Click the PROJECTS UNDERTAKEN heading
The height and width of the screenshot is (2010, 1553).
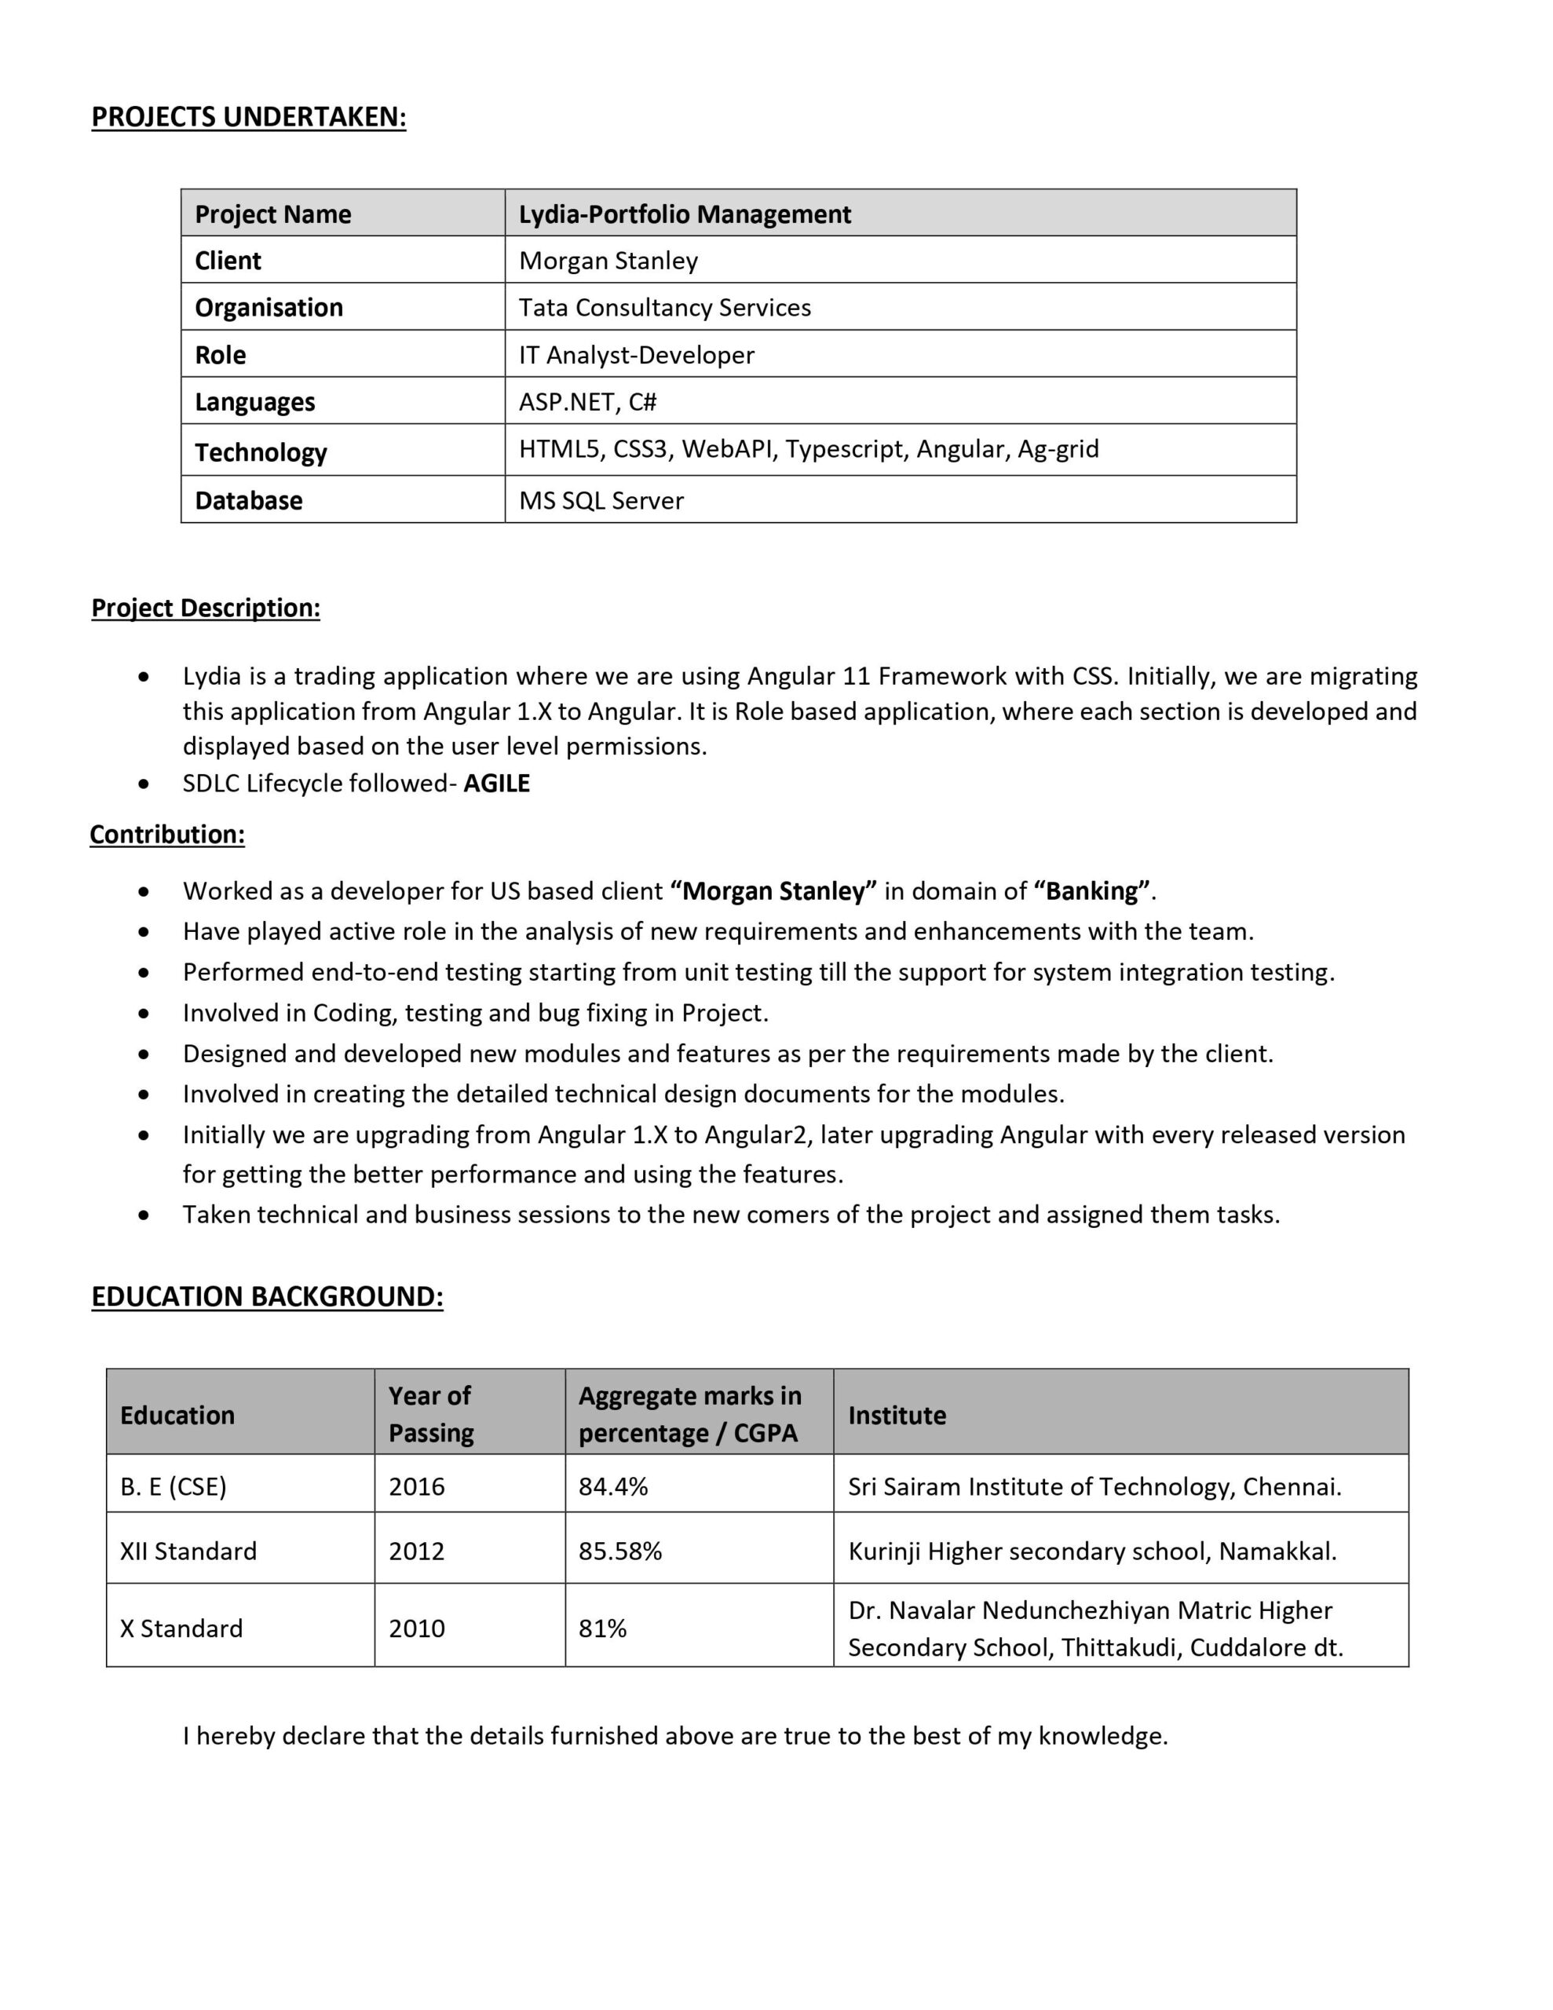249,117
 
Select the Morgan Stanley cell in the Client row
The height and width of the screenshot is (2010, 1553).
608,261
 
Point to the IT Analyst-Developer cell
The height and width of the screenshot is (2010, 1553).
636,355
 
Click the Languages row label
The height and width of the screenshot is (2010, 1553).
255,402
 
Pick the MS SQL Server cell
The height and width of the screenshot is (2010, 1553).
601,501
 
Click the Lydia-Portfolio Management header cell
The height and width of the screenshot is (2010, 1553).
684,214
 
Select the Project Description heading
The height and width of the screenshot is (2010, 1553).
205,608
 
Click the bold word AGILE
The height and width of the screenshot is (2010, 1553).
496,784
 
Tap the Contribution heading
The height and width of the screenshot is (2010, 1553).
167,835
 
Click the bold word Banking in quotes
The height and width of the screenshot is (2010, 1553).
1092,891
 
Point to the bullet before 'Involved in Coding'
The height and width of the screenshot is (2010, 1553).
144,1014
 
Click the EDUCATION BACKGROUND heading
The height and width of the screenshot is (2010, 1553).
267,1297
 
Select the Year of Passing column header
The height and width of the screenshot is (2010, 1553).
430,1415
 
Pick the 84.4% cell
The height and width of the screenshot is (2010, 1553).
613,1487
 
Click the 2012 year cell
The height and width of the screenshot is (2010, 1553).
416,1551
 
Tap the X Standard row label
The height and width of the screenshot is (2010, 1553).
181,1629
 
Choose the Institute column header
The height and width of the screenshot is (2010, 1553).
897,1416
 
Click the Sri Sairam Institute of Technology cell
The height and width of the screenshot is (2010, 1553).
1094,1487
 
